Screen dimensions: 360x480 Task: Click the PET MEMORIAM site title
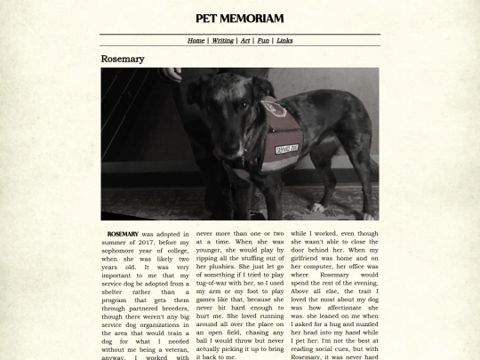[239, 19]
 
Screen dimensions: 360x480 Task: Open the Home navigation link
[196, 40]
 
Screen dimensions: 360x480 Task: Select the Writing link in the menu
[222, 40]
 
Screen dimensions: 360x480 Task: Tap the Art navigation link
[245, 40]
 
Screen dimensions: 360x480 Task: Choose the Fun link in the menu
[263, 40]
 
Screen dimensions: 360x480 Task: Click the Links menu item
[284, 40]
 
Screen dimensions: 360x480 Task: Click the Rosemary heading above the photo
[123, 60]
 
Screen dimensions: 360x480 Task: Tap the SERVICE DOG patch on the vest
[286, 151]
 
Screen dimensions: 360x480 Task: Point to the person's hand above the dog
[172, 74]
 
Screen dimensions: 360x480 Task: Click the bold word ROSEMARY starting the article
[123, 235]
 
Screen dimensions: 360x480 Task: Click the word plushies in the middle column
[219, 267]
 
